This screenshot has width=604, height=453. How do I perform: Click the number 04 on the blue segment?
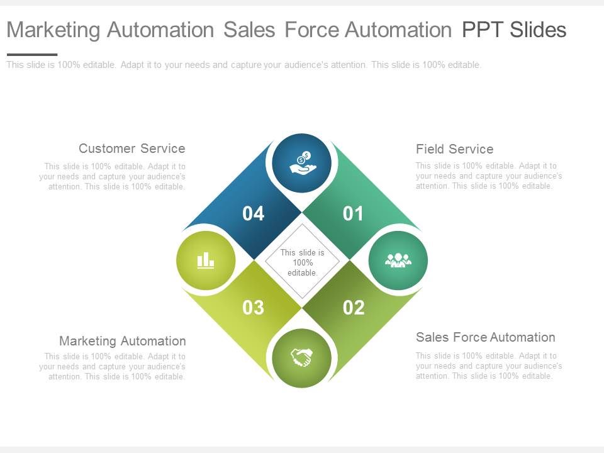coord(253,213)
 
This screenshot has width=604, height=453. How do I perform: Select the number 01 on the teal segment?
coord(353,213)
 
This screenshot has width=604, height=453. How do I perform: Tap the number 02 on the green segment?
coord(354,308)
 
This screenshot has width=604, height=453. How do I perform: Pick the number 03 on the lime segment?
coord(253,308)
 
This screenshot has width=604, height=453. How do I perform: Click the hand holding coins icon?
coord(303,162)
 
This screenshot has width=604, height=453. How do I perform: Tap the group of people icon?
coord(398,260)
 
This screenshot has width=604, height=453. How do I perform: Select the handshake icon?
coord(301,357)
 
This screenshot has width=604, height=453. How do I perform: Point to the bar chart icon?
coord(206,260)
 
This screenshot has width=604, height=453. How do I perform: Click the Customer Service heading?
coord(131,148)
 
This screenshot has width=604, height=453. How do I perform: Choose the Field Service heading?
coord(454,148)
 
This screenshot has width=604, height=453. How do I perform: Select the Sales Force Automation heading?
coord(485,337)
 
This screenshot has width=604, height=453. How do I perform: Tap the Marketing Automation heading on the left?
coord(123,340)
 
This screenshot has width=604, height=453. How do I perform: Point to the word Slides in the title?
coord(538,30)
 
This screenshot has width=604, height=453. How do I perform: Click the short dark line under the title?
coord(32,55)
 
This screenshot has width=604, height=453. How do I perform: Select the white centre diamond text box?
coord(303,262)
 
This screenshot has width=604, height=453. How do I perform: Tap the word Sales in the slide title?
coord(249,30)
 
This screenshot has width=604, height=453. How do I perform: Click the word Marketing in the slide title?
coord(53,30)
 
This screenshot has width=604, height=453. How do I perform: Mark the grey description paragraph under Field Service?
coord(489,176)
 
